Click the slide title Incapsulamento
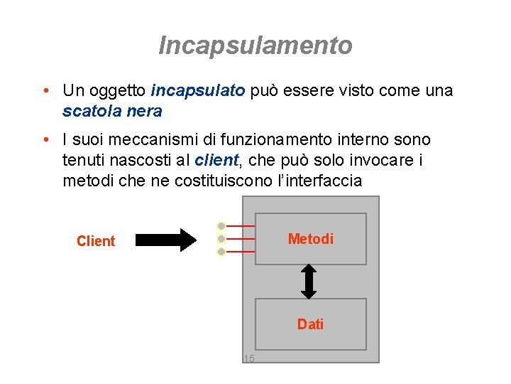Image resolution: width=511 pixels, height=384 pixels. coord(255,46)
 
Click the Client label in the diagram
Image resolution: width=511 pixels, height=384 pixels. coord(95,241)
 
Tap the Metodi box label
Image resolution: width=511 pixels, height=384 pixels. coord(310,239)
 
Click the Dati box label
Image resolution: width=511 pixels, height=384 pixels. coord(310,324)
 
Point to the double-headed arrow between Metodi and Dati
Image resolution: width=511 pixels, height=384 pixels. coord(309,282)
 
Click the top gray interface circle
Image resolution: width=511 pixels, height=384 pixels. coord(221,226)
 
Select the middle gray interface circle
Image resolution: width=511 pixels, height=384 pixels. coord(221,239)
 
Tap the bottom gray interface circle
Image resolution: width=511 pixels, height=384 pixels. coord(221,252)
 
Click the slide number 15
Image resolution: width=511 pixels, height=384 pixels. coord(248,358)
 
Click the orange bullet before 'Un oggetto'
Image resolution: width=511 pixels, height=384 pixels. coord(45,91)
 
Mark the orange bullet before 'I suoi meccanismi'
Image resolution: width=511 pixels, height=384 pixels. coord(45,140)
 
